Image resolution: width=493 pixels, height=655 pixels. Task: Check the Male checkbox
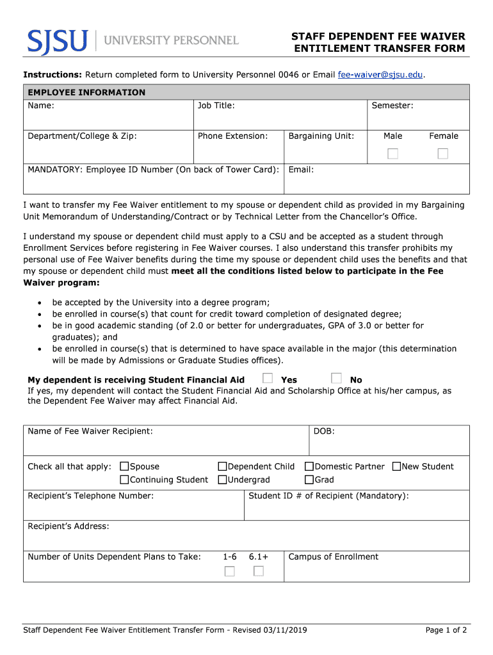392,154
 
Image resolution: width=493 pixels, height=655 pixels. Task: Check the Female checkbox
442,154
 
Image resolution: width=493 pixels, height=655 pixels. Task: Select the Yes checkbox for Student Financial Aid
268,379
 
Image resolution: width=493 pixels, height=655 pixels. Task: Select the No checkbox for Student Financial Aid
337,379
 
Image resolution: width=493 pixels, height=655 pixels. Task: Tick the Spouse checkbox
125,466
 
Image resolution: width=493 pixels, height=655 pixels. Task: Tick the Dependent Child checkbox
223,466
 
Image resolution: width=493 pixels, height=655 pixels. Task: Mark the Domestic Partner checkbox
309,466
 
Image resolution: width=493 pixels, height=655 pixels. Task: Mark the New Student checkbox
396,466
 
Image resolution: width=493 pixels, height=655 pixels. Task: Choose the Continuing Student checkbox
125,480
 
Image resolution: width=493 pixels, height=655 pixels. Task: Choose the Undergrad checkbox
223,480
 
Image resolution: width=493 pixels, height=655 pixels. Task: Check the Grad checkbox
309,480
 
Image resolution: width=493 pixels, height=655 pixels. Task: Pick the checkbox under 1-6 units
229,571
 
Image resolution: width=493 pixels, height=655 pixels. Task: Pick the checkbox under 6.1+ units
259,571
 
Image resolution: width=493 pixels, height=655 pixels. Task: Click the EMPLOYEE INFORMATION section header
86,93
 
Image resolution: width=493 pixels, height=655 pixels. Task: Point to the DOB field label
324,431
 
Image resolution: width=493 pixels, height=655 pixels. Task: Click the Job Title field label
216,106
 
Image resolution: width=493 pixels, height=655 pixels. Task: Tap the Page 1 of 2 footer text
446,631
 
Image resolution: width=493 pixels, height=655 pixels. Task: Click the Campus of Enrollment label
333,556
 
